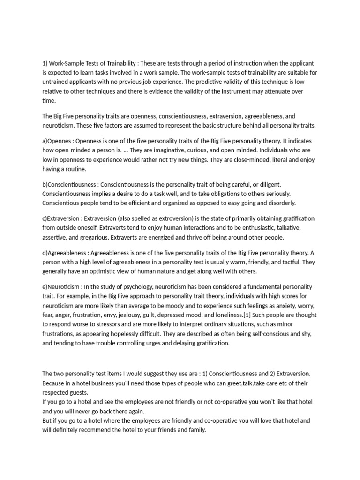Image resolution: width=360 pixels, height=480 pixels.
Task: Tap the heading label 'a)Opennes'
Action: [57, 141]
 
